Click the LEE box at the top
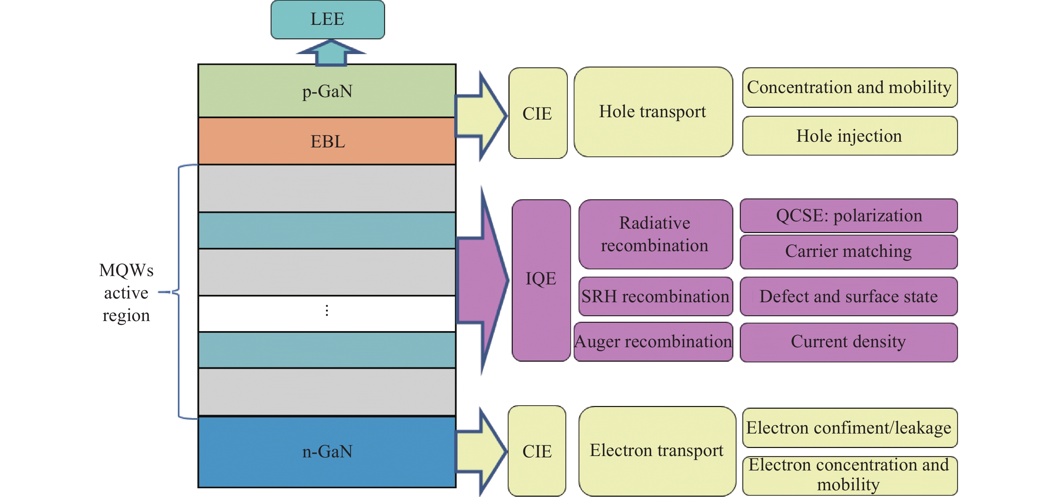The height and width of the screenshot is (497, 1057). [328, 19]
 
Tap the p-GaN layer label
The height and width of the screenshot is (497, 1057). [327, 91]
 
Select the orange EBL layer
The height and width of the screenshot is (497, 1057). [327, 141]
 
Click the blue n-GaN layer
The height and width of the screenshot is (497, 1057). [327, 452]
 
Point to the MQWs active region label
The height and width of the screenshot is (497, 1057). [127, 292]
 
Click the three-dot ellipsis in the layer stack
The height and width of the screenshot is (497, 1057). [326, 311]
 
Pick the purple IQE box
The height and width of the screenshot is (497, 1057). [541, 279]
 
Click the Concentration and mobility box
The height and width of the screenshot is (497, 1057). [849, 88]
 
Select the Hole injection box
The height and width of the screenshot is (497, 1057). [849, 136]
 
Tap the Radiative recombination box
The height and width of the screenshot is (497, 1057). [655, 234]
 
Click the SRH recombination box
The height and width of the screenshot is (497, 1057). [655, 296]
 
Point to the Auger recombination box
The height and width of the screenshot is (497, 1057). [653, 341]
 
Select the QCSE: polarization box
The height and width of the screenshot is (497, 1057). [849, 216]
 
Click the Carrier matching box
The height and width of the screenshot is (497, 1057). [849, 252]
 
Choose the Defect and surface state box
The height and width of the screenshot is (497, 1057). [849, 296]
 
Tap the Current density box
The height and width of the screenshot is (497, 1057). [849, 342]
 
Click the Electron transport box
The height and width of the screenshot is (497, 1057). [657, 451]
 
